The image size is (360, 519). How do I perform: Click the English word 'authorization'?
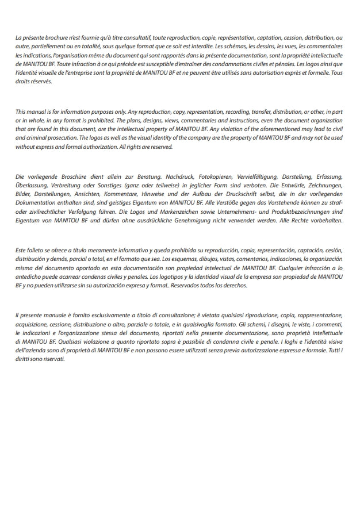pyautogui.click(x=91, y=147)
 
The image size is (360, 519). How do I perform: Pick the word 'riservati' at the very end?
pyautogui.click(x=52, y=359)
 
